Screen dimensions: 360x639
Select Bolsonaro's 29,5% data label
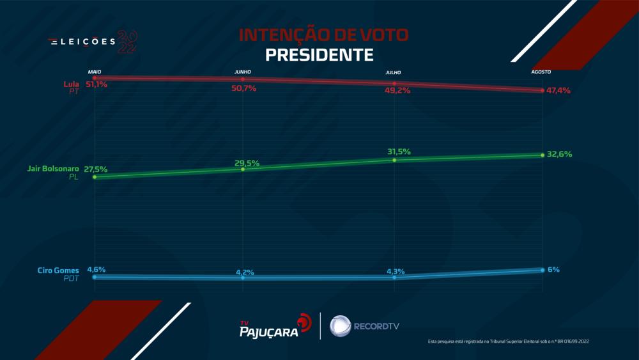pyautogui.click(x=247, y=164)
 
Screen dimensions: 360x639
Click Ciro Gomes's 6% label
pyautogui.click(x=553, y=269)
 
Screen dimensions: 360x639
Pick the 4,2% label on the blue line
pyautogui.click(x=245, y=272)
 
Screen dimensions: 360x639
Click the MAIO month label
pyautogui.click(x=95, y=72)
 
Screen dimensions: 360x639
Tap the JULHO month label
pyautogui.click(x=394, y=73)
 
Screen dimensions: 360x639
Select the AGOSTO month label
pyautogui.click(x=541, y=72)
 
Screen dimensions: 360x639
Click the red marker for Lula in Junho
pyautogui.click(x=243, y=79)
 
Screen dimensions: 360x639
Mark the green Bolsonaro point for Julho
pyautogui.click(x=394, y=159)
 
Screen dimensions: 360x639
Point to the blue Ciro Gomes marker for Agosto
pyautogui.click(x=542, y=270)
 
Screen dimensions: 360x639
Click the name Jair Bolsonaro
pyautogui.click(x=52, y=169)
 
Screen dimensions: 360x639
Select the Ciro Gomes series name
pyautogui.click(x=58, y=271)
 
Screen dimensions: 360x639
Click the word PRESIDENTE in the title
pyautogui.click(x=319, y=55)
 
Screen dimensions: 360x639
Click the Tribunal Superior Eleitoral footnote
pyautogui.click(x=508, y=342)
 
